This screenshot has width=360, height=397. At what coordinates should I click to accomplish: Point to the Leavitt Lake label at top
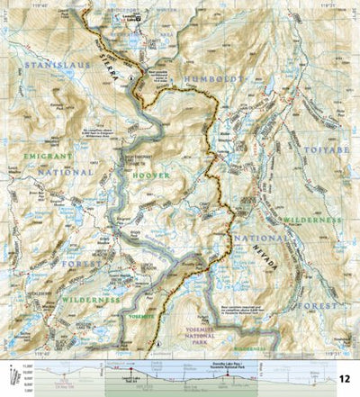132,19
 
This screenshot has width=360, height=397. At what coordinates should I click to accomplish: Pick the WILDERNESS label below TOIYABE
311,219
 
